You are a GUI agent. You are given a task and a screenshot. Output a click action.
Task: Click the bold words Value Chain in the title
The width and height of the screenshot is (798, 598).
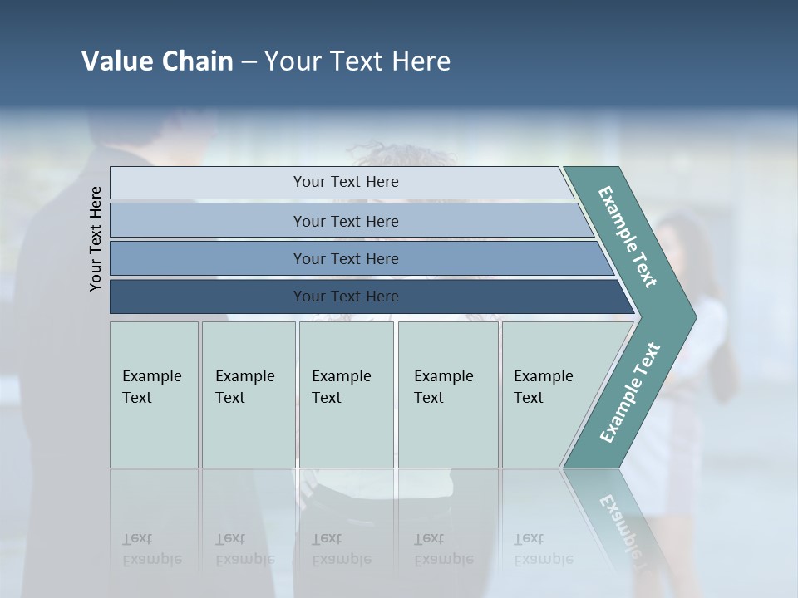(x=157, y=61)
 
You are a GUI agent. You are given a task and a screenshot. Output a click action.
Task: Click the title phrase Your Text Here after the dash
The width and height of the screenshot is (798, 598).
(x=357, y=61)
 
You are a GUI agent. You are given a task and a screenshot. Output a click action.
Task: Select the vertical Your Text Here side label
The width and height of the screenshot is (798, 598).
(x=96, y=238)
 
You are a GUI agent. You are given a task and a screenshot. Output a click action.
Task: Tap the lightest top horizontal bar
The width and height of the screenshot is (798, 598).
(x=345, y=182)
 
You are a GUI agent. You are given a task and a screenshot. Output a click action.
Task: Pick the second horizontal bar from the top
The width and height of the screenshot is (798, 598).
(x=345, y=221)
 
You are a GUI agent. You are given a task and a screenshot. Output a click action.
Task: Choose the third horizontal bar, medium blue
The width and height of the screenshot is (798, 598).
(x=345, y=258)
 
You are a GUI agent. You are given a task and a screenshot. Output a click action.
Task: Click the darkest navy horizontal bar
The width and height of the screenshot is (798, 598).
(x=345, y=297)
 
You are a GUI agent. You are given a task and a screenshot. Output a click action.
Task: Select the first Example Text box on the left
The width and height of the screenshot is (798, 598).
(x=154, y=395)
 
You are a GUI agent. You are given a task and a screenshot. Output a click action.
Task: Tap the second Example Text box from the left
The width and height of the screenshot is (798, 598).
(x=248, y=395)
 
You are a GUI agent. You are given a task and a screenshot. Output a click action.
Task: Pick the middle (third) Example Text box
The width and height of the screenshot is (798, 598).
(x=346, y=395)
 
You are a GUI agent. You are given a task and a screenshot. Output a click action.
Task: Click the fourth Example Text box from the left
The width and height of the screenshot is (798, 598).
(x=447, y=395)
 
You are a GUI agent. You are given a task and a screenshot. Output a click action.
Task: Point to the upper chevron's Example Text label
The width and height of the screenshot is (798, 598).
(x=628, y=237)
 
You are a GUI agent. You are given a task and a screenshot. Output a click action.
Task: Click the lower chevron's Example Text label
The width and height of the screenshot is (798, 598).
(x=630, y=392)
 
